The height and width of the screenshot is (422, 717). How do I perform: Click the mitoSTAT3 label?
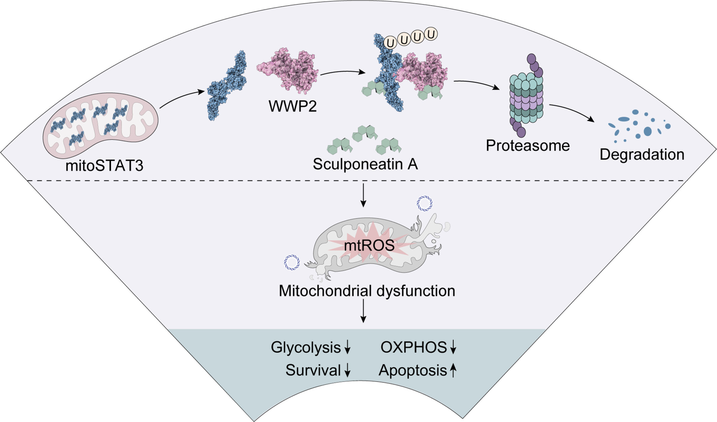pyautogui.click(x=104, y=166)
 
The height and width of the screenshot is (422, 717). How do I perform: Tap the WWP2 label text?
pyautogui.click(x=292, y=106)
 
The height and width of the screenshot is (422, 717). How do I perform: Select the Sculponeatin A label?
pyautogui.click(x=365, y=164)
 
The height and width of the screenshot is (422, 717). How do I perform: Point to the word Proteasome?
pyautogui.click(x=528, y=146)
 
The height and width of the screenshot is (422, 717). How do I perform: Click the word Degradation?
pyautogui.click(x=642, y=154)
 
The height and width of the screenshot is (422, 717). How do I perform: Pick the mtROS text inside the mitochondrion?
pyautogui.click(x=369, y=245)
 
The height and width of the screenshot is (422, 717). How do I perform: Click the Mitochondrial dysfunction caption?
pyautogui.click(x=367, y=291)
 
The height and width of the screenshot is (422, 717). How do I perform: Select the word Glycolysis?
pyautogui.click(x=306, y=347)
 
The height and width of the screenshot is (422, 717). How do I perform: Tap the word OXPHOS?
pyautogui.click(x=413, y=347)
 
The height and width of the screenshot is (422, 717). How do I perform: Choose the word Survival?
pyautogui.click(x=313, y=370)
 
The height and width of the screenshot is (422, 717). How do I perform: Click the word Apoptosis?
pyautogui.click(x=413, y=370)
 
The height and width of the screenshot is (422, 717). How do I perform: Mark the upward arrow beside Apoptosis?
pyautogui.click(x=454, y=370)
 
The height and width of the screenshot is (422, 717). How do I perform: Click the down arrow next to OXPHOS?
pyautogui.click(x=454, y=347)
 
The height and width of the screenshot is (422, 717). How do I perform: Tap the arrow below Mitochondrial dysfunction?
pyautogui.click(x=363, y=311)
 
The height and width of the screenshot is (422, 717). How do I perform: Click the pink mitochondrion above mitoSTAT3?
pyautogui.click(x=100, y=125)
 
